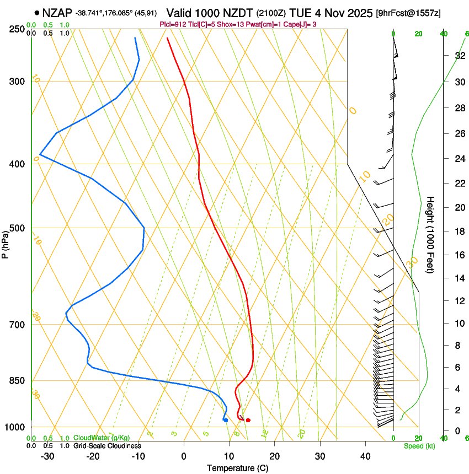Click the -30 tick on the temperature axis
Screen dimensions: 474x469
coord(47,456)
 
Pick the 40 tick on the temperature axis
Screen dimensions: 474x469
coord(365,456)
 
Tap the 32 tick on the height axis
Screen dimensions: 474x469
coord(459,55)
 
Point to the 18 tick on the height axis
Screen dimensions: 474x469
coord(459,231)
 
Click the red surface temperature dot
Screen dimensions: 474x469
coord(248,421)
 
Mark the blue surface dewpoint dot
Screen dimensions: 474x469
coord(226,421)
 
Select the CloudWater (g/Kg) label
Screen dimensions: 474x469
coord(102,438)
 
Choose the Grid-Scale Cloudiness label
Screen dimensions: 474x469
coord(107,446)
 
